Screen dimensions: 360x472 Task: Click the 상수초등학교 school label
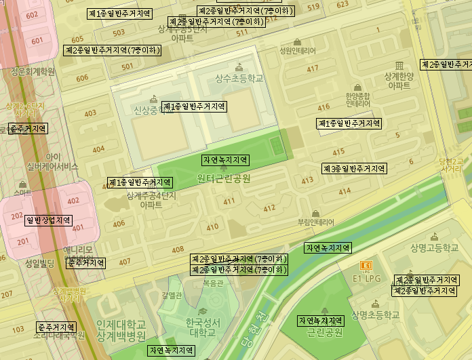click(238, 79)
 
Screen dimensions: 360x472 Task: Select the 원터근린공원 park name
click(224, 179)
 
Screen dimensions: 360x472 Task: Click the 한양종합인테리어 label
click(357, 100)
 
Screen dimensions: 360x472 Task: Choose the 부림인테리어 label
click(316, 222)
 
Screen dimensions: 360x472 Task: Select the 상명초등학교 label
click(375, 315)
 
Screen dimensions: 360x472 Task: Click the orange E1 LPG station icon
click(367, 266)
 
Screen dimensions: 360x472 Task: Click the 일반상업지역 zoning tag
click(48, 220)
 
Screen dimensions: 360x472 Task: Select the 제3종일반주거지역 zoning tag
click(353, 168)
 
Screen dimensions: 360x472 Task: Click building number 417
click(313, 68)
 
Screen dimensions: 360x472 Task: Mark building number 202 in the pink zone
click(17, 216)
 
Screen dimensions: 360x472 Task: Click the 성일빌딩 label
click(39, 263)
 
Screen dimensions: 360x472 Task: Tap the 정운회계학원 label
click(32, 71)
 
